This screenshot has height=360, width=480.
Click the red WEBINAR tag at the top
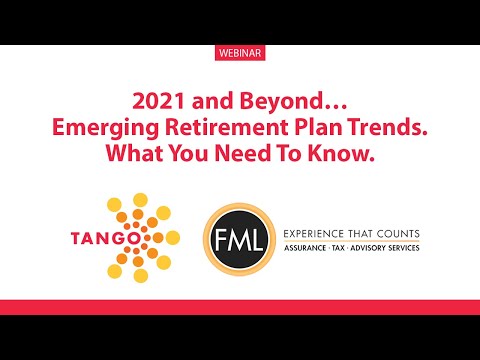(240, 51)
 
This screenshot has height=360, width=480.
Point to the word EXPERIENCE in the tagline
(319, 231)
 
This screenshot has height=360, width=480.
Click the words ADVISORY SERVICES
(388, 246)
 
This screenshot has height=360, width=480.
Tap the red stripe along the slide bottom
(240, 306)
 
